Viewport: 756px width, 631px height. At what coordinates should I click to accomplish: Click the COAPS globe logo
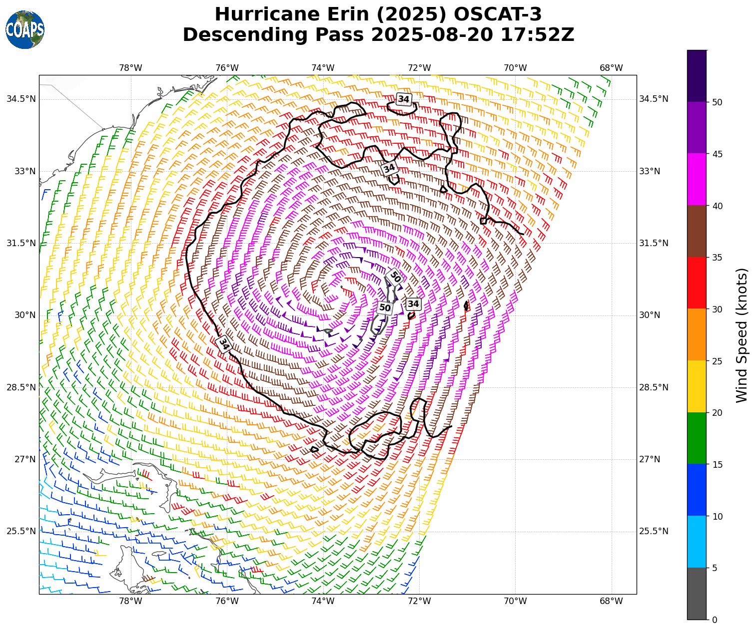[x=25, y=29]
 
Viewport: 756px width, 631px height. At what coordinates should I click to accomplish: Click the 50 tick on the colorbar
[x=717, y=102]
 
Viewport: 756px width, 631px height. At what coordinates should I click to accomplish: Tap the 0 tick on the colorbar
[x=715, y=620]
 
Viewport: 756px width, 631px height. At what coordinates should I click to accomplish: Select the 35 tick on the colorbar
[x=717, y=258]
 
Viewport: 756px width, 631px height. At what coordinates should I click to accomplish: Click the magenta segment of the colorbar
[x=697, y=179]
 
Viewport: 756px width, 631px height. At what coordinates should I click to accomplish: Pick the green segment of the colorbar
[x=697, y=438]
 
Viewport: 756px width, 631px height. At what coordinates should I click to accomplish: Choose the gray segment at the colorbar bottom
[x=697, y=594]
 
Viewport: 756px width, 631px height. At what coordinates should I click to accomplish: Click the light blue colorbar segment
[x=697, y=542]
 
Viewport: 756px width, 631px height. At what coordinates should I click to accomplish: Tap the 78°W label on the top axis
[x=131, y=68]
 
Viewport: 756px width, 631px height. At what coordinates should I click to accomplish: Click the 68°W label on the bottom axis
[x=611, y=601]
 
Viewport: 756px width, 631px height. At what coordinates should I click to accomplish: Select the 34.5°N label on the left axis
[x=21, y=99]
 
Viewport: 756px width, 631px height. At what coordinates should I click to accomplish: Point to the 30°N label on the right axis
[x=650, y=315]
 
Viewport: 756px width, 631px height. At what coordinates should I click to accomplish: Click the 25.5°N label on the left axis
[x=21, y=531]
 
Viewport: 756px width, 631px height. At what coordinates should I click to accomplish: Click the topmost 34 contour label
[x=403, y=99]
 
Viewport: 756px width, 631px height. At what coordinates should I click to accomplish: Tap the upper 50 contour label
[x=395, y=277]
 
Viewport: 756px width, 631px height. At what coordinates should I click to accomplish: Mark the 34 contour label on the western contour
[x=224, y=344]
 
